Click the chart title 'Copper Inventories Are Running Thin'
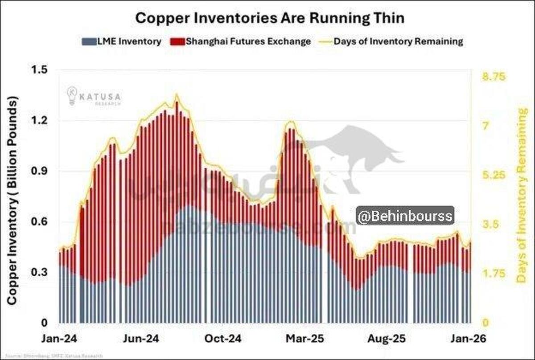click(270, 18)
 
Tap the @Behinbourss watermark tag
click(405, 216)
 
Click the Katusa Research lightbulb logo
click(72, 96)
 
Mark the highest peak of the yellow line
click(177, 94)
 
